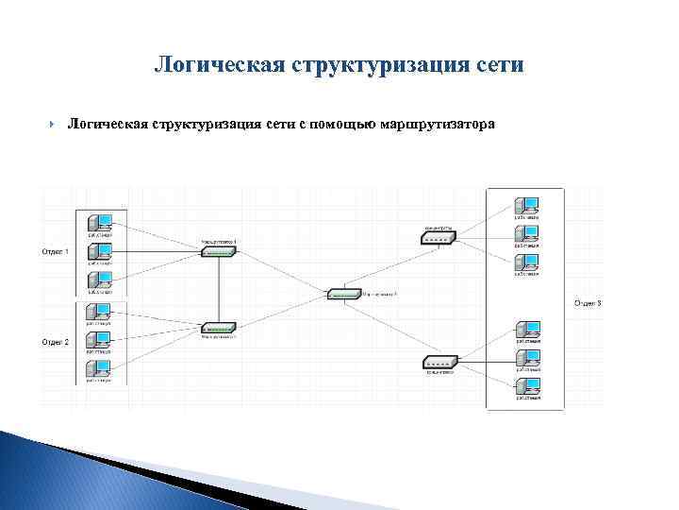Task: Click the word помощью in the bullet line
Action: coord(339,125)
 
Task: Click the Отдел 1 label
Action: coord(55,251)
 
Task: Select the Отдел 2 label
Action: coord(55,342)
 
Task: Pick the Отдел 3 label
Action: coord(588,303)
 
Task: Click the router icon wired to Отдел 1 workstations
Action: coord(218,251)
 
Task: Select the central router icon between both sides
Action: coord(344,293)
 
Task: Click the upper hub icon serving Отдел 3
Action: coord(439,238)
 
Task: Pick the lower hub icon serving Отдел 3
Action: coord(439,363)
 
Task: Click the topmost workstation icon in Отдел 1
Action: coord(99,223)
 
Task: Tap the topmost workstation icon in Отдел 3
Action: coord(525,205)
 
